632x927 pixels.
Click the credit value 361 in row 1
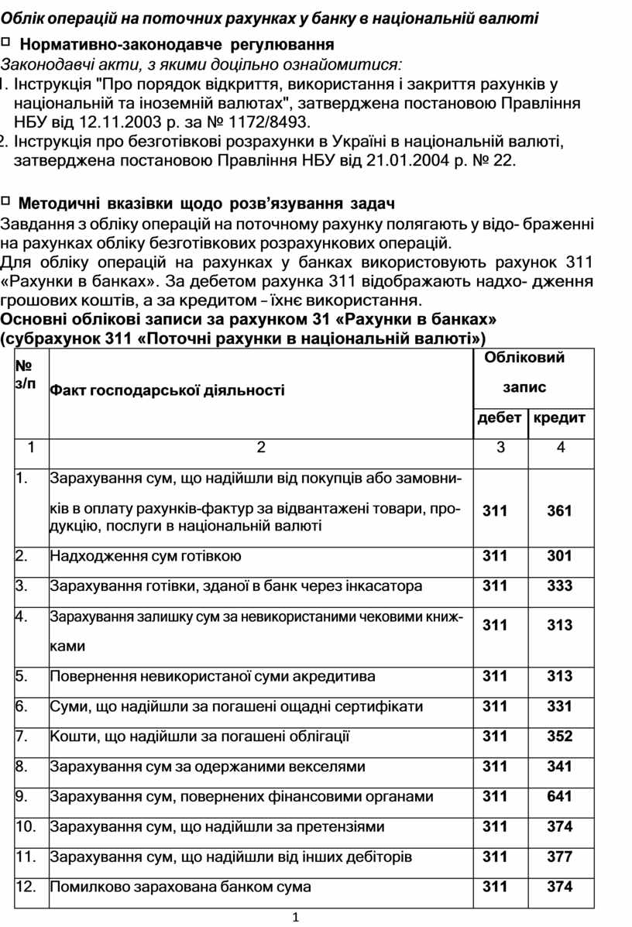click(559, 511)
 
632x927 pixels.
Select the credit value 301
click(559, 556)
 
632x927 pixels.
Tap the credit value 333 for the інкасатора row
click(559, 586)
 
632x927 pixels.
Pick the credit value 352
click(559, 736)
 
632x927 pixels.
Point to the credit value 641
click(559, 797)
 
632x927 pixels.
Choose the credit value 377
click(559, 857)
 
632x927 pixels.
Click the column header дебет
click(500, 418)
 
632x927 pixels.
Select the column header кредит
click(558, 418)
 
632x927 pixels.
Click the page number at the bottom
click(296, 918)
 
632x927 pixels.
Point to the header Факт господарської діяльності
click(167, 390)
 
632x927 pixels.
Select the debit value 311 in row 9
click(496, 797)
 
